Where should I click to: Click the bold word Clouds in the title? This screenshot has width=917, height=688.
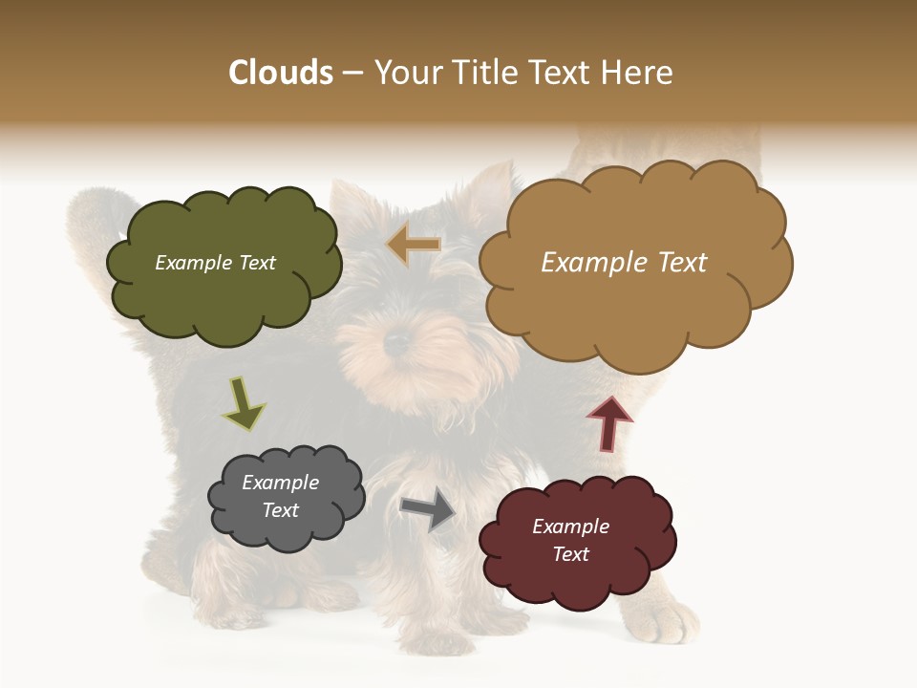[x=281, y=73]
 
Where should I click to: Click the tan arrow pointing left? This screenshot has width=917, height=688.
[x=414, y=246]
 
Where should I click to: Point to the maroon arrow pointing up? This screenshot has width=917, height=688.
[x=608, y=423]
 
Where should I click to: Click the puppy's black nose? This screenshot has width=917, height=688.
[x=395, y=341]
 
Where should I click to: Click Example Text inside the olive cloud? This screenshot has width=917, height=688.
[x=215, y=263]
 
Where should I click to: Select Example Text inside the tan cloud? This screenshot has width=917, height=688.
[x=624, y=263]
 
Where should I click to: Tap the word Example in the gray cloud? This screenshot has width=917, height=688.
[x=280, y=483]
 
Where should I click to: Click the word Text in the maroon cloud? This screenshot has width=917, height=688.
[x=570, y=554]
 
